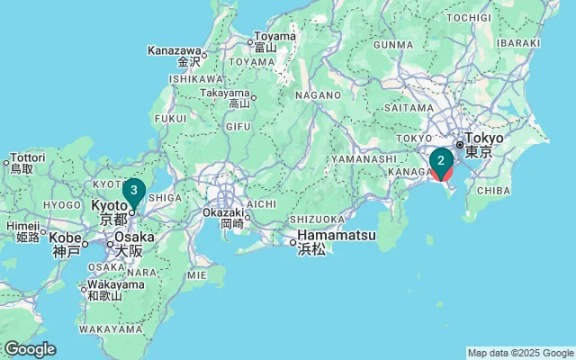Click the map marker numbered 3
pos(133,190)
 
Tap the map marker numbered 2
pos(441,161)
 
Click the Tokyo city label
pos(484,145)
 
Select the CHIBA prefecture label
pos(492,190)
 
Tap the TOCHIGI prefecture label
pos(468,17)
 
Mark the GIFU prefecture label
pos(238,126)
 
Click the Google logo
pos(29,349)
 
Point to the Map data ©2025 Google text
pos(520,353)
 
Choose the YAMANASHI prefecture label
pos(363,158)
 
